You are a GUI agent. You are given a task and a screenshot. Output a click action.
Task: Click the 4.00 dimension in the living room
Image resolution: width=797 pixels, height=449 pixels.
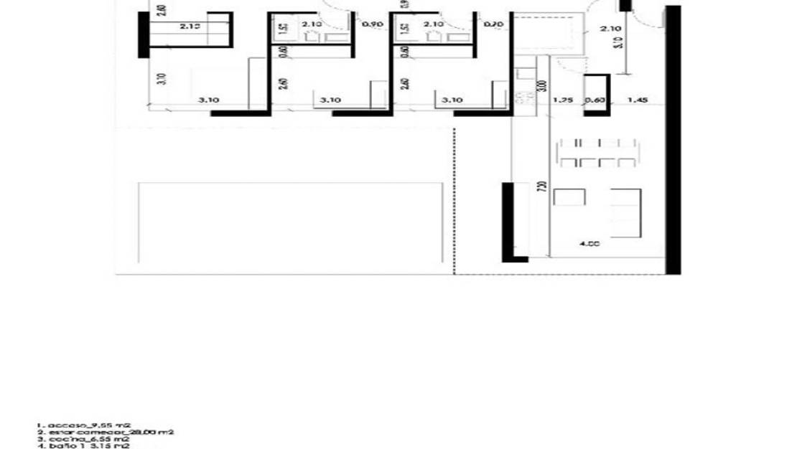(589, 244)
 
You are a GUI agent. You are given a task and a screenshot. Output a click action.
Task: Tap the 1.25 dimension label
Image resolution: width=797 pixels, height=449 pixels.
(562, 100)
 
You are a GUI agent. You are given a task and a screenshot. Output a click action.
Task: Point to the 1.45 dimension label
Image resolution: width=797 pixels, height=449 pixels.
(637, 100)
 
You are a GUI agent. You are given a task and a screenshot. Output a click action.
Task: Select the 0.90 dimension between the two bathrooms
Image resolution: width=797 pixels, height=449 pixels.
(372, 24)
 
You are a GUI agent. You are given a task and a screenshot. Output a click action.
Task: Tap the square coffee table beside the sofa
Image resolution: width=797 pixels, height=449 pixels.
(569, 196)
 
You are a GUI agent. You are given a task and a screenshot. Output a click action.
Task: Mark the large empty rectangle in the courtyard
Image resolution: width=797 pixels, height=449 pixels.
(289, 224)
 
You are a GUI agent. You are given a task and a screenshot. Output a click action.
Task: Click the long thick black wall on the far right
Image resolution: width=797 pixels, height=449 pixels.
(673, 140)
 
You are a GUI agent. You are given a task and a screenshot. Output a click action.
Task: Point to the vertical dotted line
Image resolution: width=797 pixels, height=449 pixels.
(454, 201)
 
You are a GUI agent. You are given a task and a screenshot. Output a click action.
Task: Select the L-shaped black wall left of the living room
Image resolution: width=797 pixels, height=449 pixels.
(508, 222)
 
